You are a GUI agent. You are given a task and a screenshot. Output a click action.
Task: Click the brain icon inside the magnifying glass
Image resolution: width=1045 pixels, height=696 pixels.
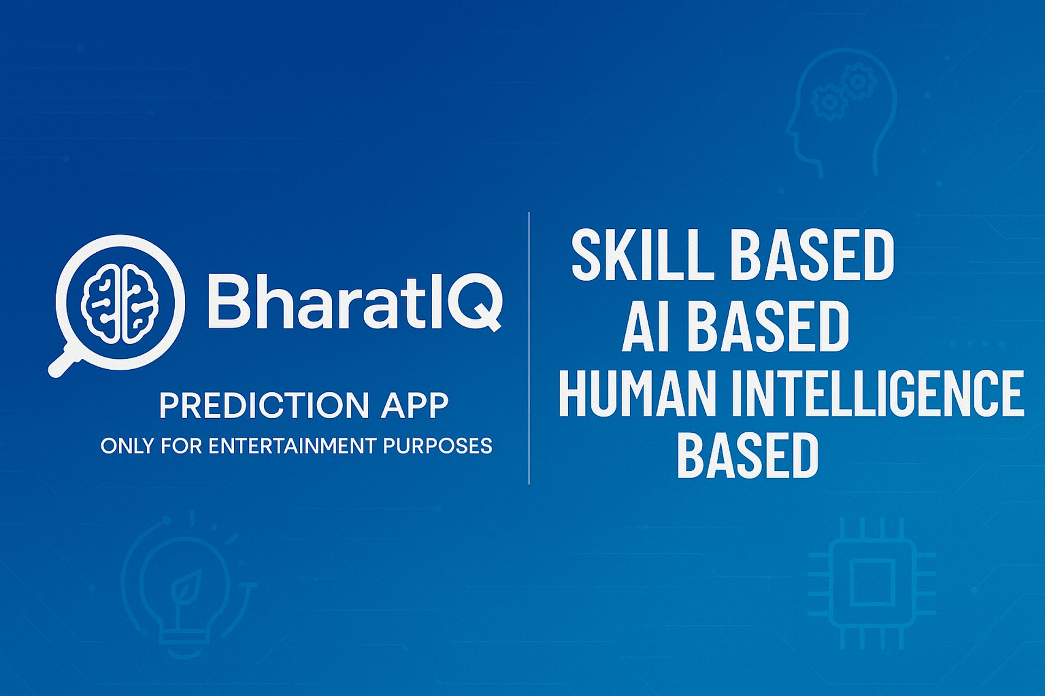coord(120,303)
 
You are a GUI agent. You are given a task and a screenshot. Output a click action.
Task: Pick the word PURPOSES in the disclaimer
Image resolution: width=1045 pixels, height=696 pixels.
coord(438,446)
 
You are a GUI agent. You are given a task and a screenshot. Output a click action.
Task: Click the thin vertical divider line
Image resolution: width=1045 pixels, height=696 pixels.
coord(529,348)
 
